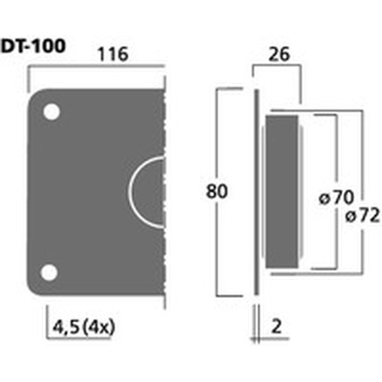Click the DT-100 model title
[33, 47]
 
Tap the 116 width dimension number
[113, 53]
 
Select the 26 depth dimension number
[279, 54]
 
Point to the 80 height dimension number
[217, 192]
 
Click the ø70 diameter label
[336, 198]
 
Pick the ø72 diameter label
[363, 217]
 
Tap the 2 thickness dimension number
[277, 327]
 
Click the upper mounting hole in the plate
[52, 113]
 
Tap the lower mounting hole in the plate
[50, 273]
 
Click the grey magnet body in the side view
[282, 192]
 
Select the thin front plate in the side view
[256, 192]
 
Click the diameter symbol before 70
[324, 200]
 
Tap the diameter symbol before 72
[350, 218]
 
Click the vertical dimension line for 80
[217, 192]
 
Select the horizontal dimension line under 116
[97, 66]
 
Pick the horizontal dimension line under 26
[276, 66]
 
